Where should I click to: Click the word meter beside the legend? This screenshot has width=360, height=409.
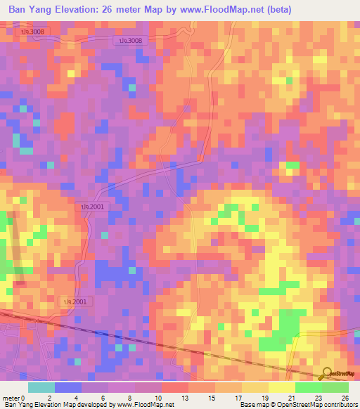click(x=11, y=397)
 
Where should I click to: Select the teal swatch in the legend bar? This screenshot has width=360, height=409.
click(x=40, y=387)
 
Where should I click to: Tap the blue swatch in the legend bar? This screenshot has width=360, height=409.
click(x=67, y=387)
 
